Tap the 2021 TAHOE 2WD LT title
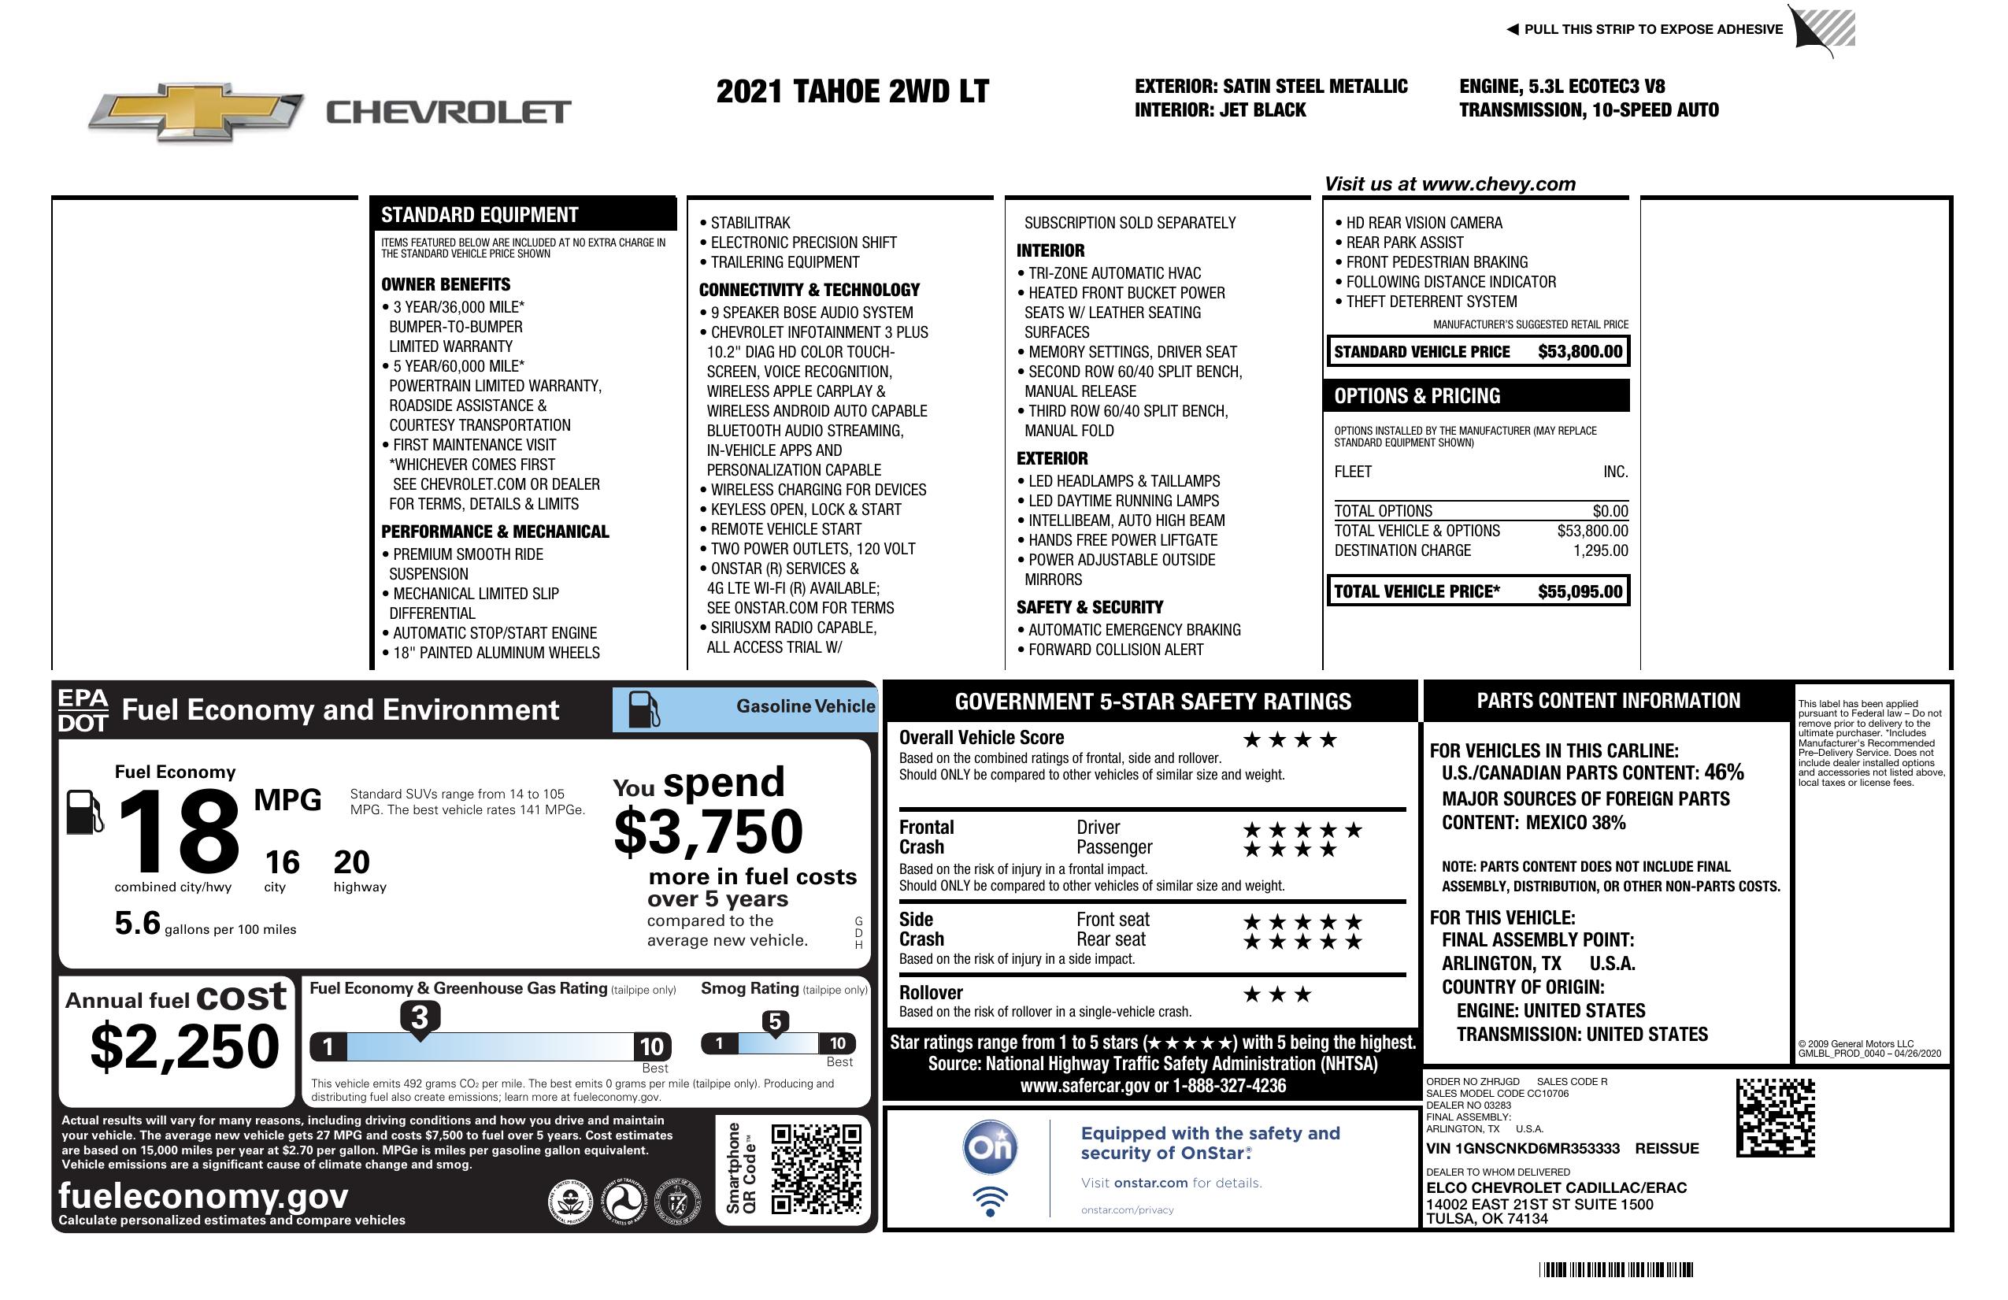pyautogui.click(x=852, y=91)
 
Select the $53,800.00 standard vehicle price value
pyautogui.click(x=1580, y=352)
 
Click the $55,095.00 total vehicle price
pyautogui.click(x=1580, y=591)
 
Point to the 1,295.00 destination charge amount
pyautogui.click(x=1599, y=551)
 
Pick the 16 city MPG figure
pyautogui.click(x=282, y=862)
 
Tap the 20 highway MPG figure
pyautogui.click(x=351, y=862)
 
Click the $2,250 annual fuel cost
pyautogui.click(x=185, y=1046)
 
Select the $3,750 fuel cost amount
pyautogui.click(x=709, y=831)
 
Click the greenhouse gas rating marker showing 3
pyautogui.click(x=419, y=1017)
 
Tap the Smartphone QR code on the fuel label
pyautogui.click(x=816, y=1168)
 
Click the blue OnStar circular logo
pyautogui.click(x=990, y=1147)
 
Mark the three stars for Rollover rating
pyautogui.click(x=1277, y=994)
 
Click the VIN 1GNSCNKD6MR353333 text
pyautogui.click(x=1522, y=1148)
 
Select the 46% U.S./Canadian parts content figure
pyautogui.click(x=1724, y=772)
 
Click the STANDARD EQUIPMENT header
pyautogui.click(x=480, y=214)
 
